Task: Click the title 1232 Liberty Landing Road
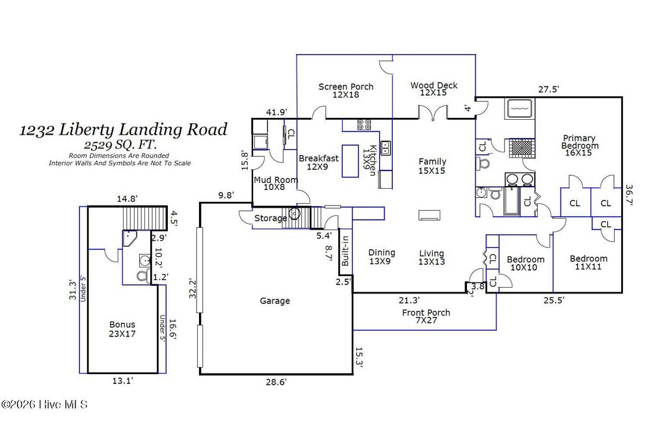[x=124, y=130]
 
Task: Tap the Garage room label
[x=274, y=301]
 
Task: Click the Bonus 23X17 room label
[x=122, y=329]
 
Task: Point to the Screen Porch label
[x=345, y=90]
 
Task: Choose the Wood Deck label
[x=434, y=89]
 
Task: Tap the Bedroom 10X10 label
[x=526, y=264]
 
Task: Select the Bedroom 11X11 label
[x=588, y=263]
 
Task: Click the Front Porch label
[x=426, y=317]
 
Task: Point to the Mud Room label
[x=276, y=184]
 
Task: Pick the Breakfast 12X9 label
[x=319, y=162]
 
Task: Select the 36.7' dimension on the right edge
[x=628, y=193]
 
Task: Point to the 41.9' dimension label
[x=276, y=112]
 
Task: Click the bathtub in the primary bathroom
[x=520, y=108]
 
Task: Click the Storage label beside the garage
[x=270, y=218]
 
